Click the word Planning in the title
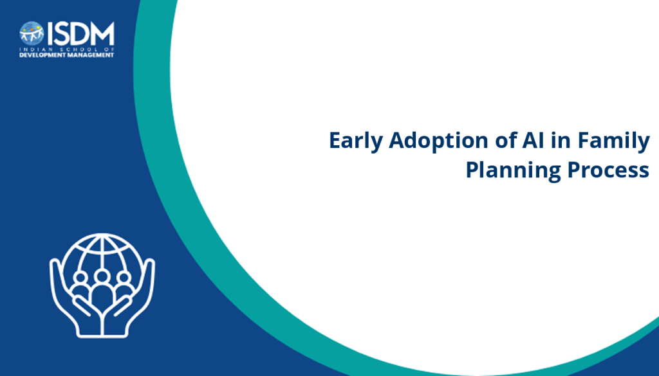513,170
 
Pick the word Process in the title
608,170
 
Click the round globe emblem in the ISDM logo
32,33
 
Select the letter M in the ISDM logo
101,33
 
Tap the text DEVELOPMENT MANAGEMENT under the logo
67,55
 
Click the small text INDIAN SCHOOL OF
67,49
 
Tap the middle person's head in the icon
102,276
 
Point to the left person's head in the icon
80,278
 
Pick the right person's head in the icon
124,278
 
